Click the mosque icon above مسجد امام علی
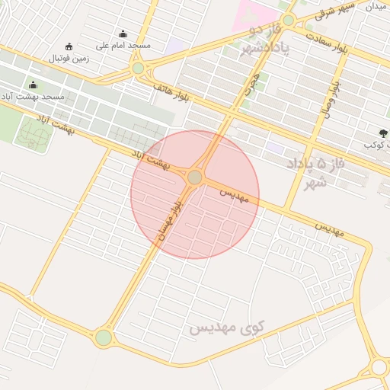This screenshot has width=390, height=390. pos(123,34)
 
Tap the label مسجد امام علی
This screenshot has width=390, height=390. pos(124,46)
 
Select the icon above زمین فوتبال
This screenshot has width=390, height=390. pos(69,46)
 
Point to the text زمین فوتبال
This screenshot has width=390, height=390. pos(69,58)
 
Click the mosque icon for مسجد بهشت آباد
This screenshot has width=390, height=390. pos(33,85)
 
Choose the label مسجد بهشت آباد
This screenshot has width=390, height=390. pos(33,97)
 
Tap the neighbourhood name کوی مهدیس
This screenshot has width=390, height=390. pos(225,328)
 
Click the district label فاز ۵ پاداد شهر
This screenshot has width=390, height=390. pos(310,172)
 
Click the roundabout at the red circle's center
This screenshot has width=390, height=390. pos(195,177)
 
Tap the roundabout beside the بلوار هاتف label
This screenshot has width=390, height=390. pos(138,69)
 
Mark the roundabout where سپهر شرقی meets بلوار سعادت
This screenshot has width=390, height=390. pos(288,20)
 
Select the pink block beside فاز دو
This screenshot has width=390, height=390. pos(256,13)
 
